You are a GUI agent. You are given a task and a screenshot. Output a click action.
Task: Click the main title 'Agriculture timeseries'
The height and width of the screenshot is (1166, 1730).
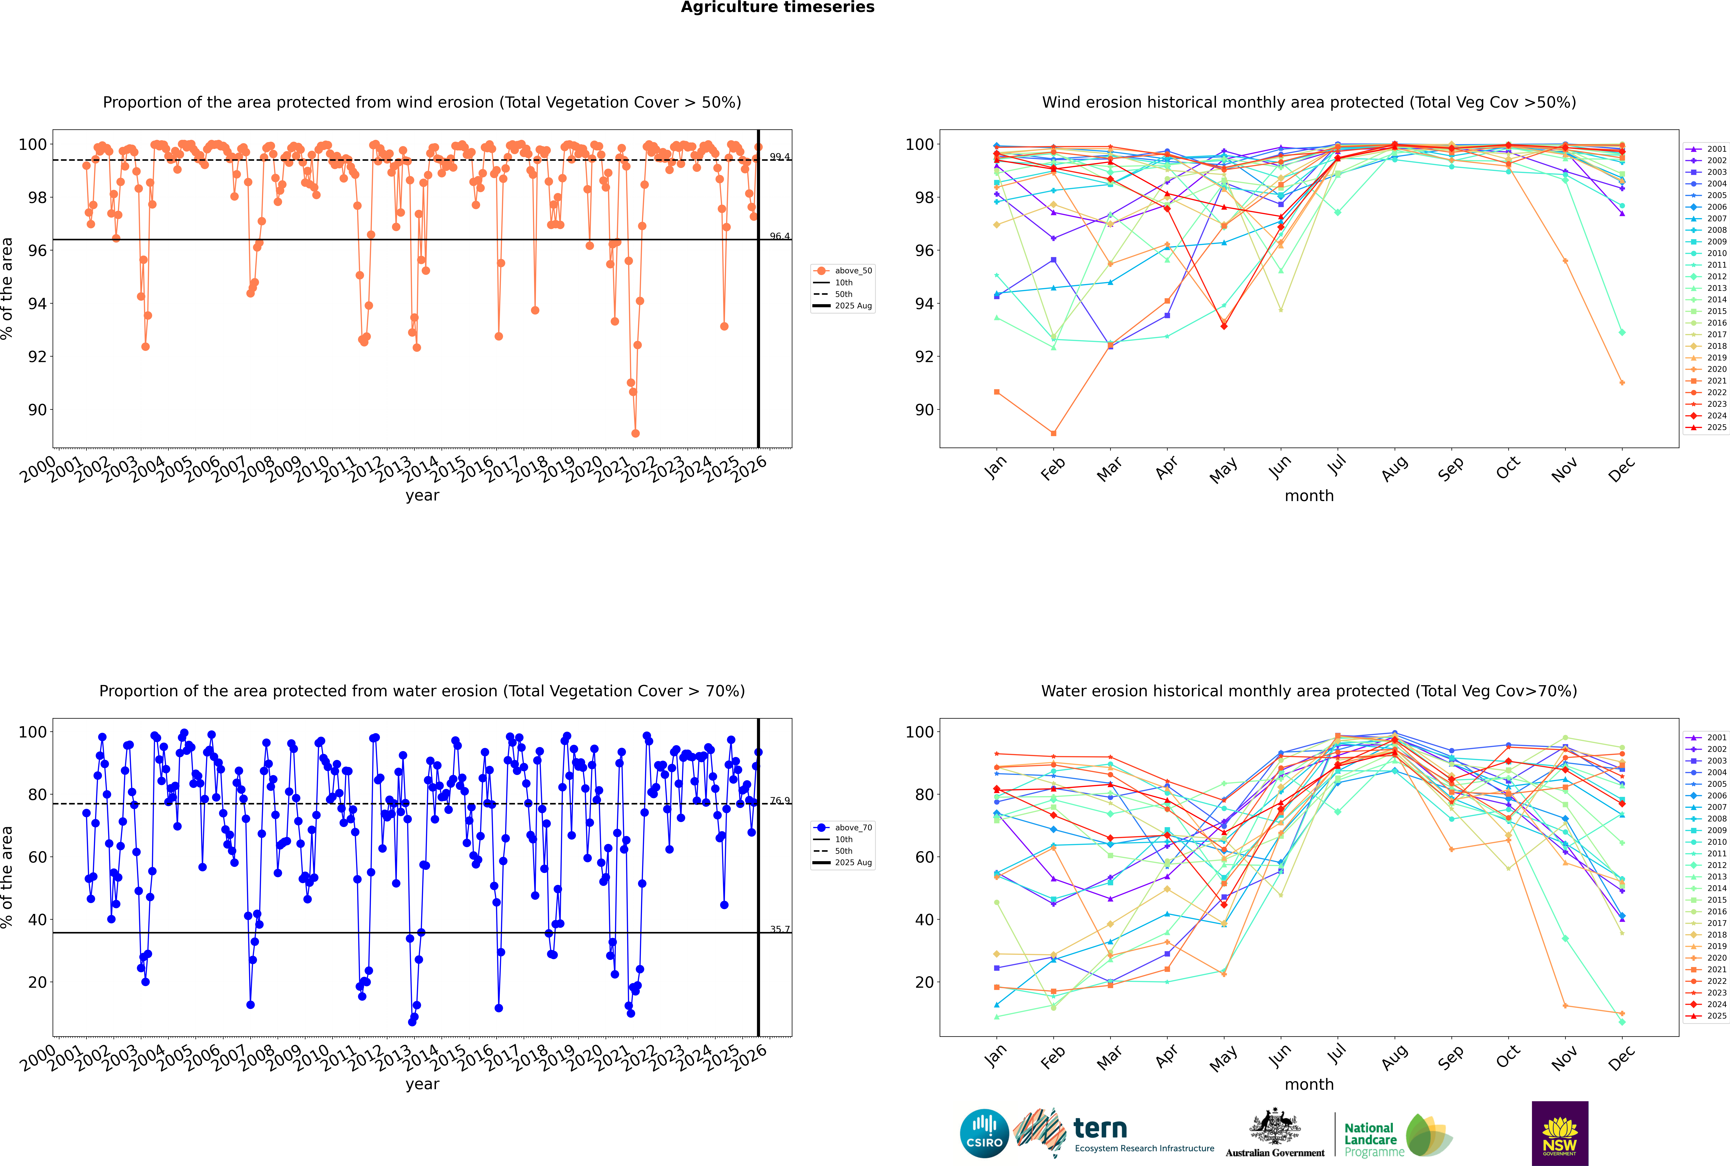[777, 7]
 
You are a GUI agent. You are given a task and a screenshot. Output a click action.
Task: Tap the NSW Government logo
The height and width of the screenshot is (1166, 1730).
[1560, 1133]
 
